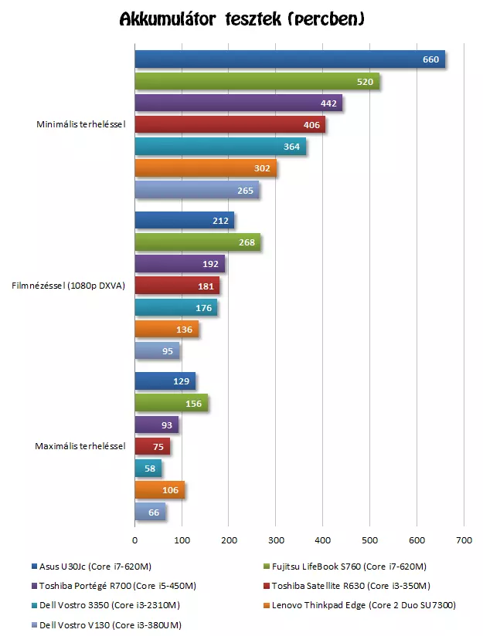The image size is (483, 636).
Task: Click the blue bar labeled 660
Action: (x=290, y=59)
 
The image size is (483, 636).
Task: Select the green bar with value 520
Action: (x=257, y=81)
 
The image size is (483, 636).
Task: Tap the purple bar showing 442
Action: (x=238, y=103)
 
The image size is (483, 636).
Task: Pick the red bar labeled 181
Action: (x=176, y=286)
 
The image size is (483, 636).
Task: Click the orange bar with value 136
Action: (x=166, y=330)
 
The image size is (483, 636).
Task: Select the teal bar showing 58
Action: (x=148, y=469)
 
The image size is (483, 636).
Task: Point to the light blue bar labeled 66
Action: (x=150, y=512)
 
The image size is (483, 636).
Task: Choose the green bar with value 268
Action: (x=197, y=243)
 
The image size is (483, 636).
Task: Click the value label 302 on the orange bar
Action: (x=263, y=168)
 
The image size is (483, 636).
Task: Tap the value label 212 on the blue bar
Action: (x=220, y=222)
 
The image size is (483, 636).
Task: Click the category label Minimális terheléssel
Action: (x=81, y=124)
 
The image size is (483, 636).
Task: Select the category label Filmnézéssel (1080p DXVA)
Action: (x=69, y=286)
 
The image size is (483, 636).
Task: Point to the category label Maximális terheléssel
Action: (x=80, y=446)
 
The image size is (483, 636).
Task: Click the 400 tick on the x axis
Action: (x=323, y=540)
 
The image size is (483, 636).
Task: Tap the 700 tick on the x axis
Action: (x=464, y=540)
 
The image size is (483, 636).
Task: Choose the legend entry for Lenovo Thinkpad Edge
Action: (x=364, y=606)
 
